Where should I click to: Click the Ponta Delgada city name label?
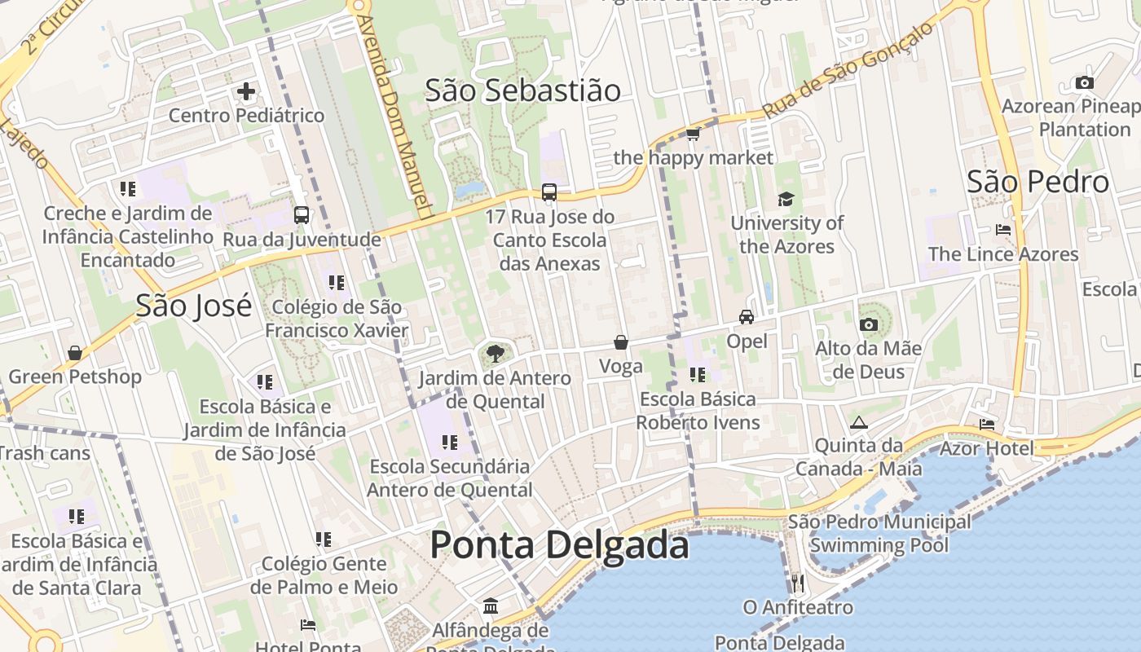[x=559, y=544]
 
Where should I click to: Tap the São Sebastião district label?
[x=522, y=90]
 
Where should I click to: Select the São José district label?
[x=193, y=306]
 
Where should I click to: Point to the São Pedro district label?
[x=1037, y=182]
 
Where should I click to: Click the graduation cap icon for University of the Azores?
[x=786, y=199]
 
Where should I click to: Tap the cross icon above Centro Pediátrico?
[x=246, y=91]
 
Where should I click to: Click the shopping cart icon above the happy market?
[x=693, y=134]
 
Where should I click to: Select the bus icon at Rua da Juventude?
[x=302, y=215]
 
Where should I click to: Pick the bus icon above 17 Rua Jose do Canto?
[x=549, y=193]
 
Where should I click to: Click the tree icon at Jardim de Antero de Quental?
[x=494, y=354]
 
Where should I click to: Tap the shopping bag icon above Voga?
[x=621, y=342]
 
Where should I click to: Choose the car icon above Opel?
[x=747, y=317]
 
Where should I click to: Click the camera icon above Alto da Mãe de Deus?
[x=869, y=325]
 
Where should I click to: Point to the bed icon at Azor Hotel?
[x=987, y=425]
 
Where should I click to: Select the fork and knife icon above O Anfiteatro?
[x=798, y=583]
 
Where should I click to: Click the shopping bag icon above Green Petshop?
[x=75, y=353]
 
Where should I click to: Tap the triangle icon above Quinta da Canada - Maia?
[x=858, y=422]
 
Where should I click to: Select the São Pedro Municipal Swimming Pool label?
[x=879, y=534]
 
